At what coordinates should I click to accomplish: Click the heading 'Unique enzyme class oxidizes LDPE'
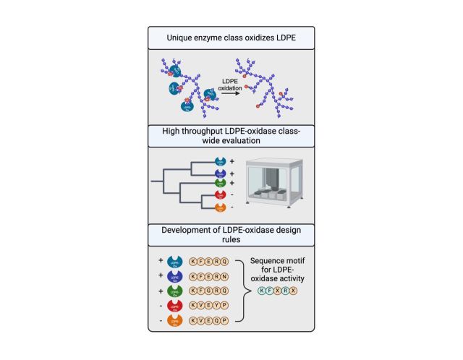click(x=231, y=38)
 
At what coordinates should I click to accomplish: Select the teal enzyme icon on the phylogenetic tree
click(x=221, y=164)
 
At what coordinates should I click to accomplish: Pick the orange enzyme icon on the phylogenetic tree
click(x=221, y=207)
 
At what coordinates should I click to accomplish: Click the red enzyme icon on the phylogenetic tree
click(x=221, y=196)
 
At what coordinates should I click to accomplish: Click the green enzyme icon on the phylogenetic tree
click(x=221, y=185)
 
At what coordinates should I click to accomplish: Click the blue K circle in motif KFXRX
click(x=263, y=290)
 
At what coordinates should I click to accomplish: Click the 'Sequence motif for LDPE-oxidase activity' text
click(x=278, y=268)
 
